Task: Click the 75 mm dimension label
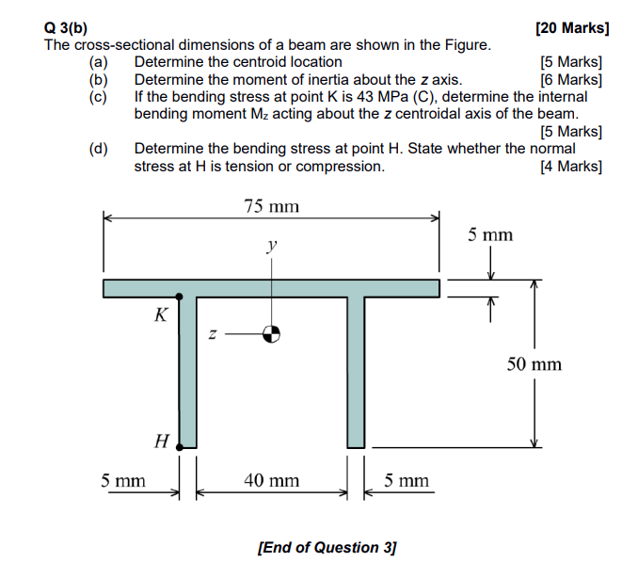point(271,206)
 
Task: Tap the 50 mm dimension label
point(534,363)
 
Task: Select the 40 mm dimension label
point(271,480)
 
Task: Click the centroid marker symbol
point(271,332)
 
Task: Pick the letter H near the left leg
point(161,440)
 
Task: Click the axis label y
point(271,247)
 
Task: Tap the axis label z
point(213,333)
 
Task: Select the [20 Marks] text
point(572,28)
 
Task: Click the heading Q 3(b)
point(69,28)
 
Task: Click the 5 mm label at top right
point(490,234)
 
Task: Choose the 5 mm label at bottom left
point(123,480)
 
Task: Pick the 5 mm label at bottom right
point(407,480)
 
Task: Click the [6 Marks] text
point(571,79)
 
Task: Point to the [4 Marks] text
point(571,166)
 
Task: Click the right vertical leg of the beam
point(356,372)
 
